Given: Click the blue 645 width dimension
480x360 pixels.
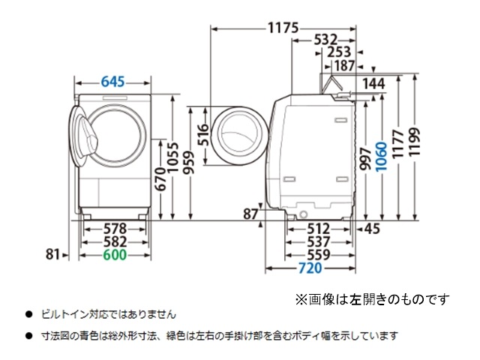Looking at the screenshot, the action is [113, 82].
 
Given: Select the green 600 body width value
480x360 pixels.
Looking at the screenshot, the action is [115, 255].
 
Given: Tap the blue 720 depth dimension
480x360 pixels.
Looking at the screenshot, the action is [310, 268].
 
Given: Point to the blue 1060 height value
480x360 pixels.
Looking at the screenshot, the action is [381, 156].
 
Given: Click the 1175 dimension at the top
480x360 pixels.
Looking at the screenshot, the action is [283, 28].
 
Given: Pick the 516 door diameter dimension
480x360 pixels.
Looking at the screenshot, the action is [203, 135].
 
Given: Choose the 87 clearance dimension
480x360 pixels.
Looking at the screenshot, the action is [250, 214].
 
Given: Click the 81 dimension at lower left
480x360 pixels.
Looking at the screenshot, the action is [52, 254].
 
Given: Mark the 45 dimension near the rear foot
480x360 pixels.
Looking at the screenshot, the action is [372, 229].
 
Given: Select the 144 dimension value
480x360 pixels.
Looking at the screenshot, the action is [373, 83].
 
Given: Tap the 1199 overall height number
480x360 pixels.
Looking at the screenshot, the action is [415, 142].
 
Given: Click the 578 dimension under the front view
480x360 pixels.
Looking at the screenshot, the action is [115, 229].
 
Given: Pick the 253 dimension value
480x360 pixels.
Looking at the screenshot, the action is [339, 52].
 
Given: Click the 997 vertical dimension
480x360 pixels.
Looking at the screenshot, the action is [366, 158].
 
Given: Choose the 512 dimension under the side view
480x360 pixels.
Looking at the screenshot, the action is [318, 229].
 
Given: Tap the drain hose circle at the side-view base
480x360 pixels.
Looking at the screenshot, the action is [303, 214].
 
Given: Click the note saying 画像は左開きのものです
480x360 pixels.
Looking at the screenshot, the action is [379, 299].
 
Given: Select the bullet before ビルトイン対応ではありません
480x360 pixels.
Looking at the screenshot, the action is [29, 314].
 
